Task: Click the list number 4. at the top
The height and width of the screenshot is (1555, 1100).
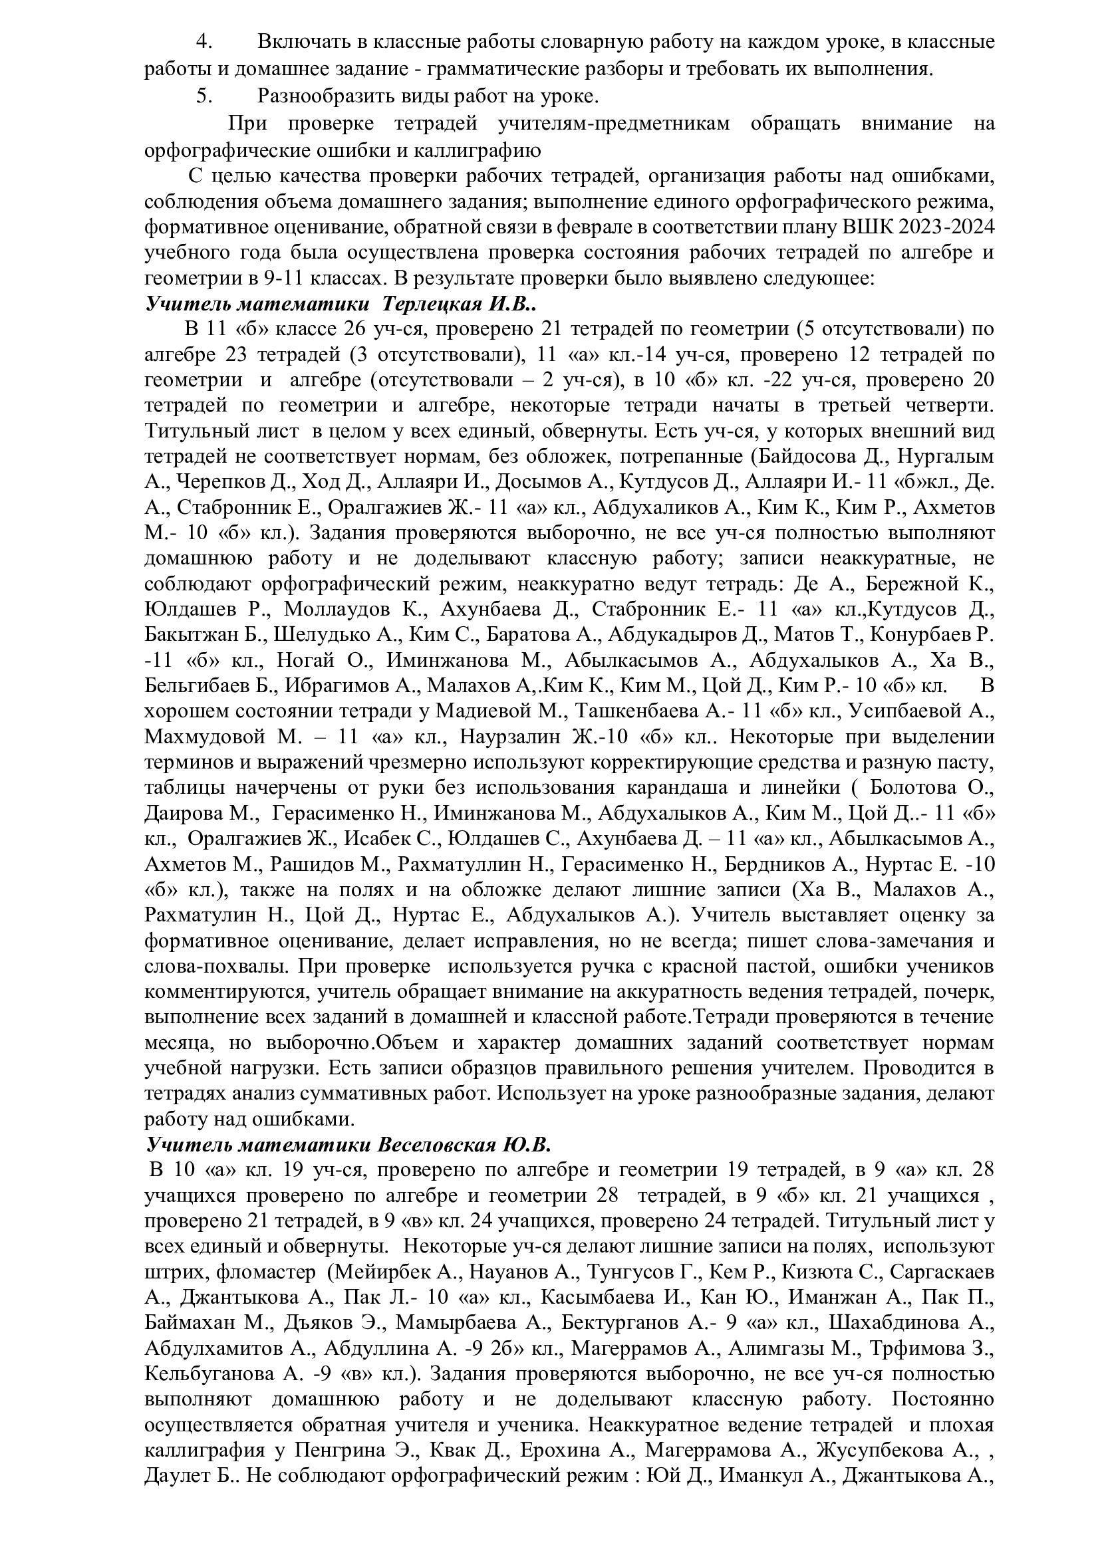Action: click(x=205, y=42)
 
